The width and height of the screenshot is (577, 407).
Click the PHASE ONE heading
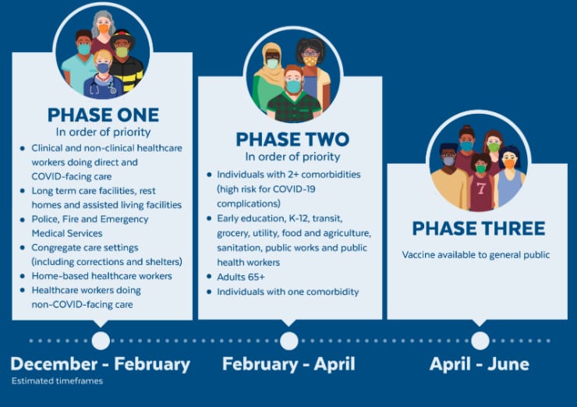[103, 115]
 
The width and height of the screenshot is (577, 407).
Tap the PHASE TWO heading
[292, 140]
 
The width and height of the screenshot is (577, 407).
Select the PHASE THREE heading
[479, 228]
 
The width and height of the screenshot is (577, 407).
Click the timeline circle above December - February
[101, 341]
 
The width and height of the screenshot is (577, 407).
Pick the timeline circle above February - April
[288, 341]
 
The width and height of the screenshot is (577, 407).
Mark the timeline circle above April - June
[480, 341]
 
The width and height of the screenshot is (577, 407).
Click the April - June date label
[479, 364]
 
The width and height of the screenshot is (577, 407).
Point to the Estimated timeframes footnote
[57, 380]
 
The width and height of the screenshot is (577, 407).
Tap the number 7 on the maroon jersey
[481, 189]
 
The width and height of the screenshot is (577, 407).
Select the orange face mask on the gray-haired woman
[104, 28]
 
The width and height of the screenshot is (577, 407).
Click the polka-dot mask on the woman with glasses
[311, 61]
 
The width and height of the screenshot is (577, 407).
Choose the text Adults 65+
[241, 277]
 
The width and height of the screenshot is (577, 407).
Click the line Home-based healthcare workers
[101, 276]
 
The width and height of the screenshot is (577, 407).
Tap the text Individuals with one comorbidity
[288, 292]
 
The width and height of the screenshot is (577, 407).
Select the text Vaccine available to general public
[476, 255]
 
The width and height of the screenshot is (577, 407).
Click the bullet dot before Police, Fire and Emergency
[23, 220]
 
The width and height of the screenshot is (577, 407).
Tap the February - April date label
[288, 364]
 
